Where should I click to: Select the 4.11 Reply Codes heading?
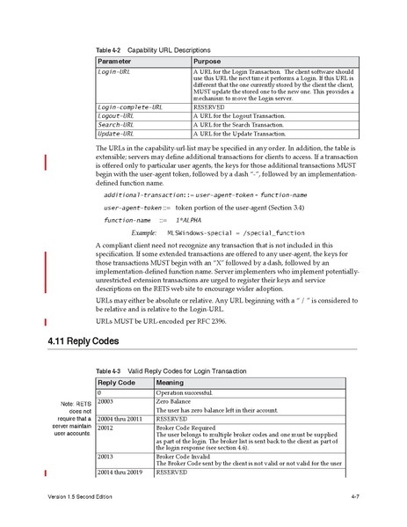83,340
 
